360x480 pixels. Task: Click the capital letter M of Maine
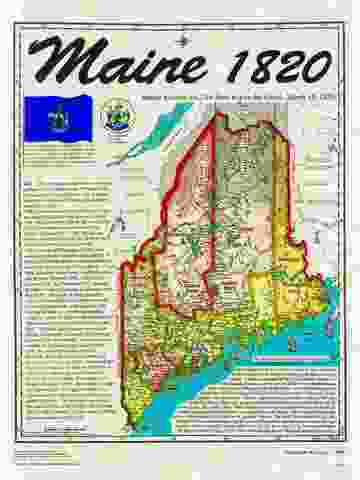pos(63,63)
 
